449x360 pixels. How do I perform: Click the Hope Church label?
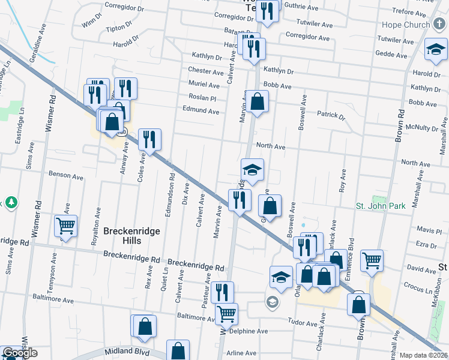(406, 26)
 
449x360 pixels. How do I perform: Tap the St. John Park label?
(381, 206)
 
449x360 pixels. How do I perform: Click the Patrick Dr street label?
(331, 115)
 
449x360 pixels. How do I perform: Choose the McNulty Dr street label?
(423, 128)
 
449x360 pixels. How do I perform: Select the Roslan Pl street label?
(202, 98)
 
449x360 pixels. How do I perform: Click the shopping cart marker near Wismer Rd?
(66, 226)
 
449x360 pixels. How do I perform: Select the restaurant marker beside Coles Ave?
(149, 139)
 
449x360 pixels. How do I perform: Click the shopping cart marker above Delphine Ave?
(226, 313)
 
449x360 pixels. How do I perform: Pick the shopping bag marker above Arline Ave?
(178, 350)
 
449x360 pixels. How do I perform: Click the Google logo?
(20, 353)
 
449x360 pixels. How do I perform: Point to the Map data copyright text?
(423, 355)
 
